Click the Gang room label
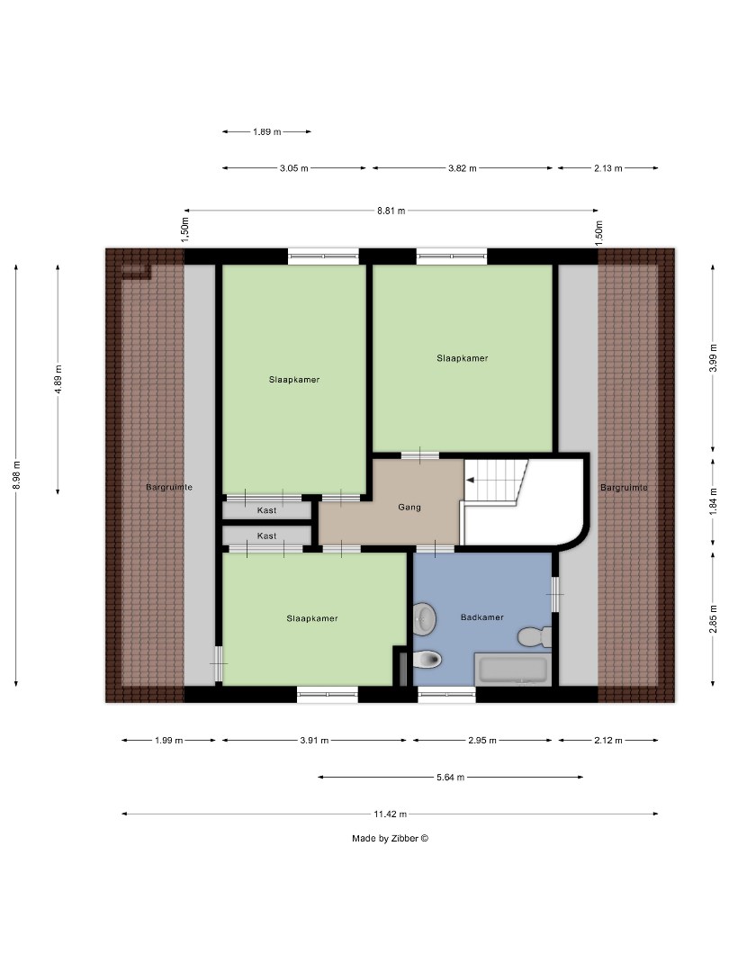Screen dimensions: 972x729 [409, 508]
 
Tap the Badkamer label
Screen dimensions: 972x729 [481, 617]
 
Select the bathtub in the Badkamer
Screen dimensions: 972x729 [512, 670]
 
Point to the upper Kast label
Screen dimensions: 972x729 [266, 510]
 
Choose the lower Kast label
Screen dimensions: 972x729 [266, 535]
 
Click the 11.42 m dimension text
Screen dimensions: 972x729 [391, 814]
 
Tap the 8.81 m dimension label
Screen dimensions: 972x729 [391, 211]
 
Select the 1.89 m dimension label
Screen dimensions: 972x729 [266, 131]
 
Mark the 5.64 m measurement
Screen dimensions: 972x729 [449, 777]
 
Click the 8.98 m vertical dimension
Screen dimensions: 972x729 [15, 474]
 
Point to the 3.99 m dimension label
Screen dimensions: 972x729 [713, 357]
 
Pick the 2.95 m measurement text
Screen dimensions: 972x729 [481, 741]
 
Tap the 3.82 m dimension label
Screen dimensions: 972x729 [462, 168]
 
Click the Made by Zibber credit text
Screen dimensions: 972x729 [390, 838]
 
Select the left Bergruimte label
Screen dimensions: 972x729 [169, 487]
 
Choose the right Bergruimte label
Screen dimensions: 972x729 [624, 487]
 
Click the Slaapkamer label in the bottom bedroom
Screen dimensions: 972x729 [312, 618]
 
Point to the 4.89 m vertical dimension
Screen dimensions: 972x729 [58, 379]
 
